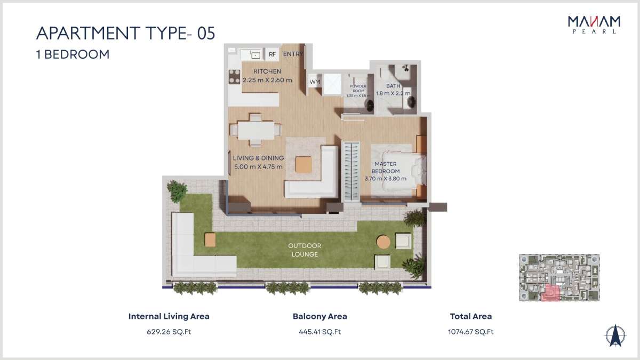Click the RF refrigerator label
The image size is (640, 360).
tap(272, 54)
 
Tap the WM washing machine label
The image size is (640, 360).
tap(315, 82)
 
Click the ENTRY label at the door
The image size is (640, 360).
tap(293, 54)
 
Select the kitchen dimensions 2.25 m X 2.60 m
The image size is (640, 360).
tap(267, 80)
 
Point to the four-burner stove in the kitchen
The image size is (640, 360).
tap(234, 77)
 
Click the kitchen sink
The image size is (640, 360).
tap(255, 54)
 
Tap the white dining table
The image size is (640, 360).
tap(256, 131)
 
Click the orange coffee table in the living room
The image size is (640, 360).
tap(303, 165)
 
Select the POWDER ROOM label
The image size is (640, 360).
tap(358, 89)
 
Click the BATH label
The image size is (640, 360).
tap(393, 86)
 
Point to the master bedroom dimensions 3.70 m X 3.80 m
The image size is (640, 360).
tap(386, 179)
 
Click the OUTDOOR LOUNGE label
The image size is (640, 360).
tap(305, 250)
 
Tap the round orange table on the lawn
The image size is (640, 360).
tap(383, 242)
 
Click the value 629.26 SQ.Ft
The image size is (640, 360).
tap(169, 332)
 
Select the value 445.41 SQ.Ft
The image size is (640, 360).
tap(320, 332)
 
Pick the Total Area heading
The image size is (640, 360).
tap(471, 316)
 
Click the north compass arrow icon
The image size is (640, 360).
tap(615, 335)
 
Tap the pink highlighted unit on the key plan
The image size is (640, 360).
tap(551, 293)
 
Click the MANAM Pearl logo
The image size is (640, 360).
tap(594, 25)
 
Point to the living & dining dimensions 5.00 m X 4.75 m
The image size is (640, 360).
tap(258, 166)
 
